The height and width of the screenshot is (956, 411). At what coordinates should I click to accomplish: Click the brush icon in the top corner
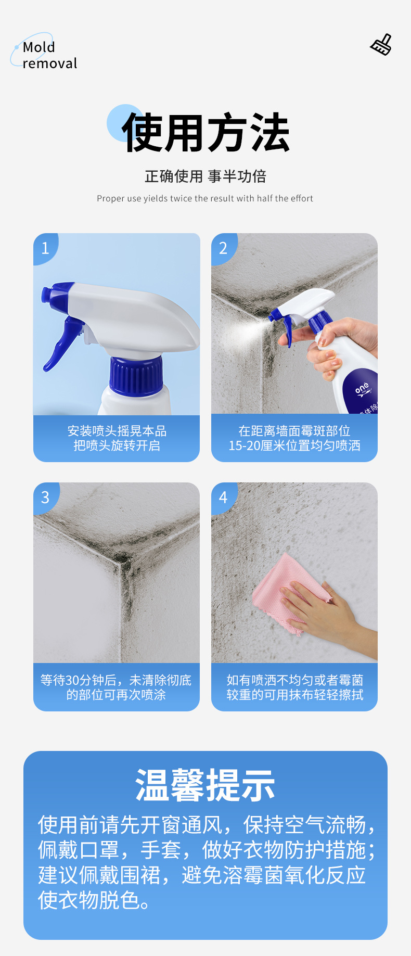tap(381, 45)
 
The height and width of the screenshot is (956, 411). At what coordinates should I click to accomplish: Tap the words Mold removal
tap(49, 55)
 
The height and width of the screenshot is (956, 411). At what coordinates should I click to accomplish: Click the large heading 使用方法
tap(205, 133)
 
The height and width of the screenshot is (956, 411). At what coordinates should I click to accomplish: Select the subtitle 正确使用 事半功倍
tap(205, 176)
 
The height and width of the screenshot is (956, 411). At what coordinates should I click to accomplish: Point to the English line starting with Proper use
tap(205, 198)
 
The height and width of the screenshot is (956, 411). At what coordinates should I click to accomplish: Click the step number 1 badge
tap(45, 248)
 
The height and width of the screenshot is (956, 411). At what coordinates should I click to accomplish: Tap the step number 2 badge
tap(223, 248)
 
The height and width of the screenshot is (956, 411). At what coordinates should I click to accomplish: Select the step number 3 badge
tap(45, 498)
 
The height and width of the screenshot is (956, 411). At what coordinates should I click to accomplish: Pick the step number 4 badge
tap(223, 498)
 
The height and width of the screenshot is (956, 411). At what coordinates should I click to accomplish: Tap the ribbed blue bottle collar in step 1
tap(136, 375)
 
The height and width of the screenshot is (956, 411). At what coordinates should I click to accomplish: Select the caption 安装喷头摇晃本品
tap(117, 431)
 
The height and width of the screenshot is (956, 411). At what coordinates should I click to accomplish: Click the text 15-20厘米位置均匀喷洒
tap(294, 445)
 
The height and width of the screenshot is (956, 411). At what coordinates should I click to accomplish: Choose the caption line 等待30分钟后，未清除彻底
tap(116, 680)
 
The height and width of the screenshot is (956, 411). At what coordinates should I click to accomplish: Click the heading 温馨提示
tap(205, 785)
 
